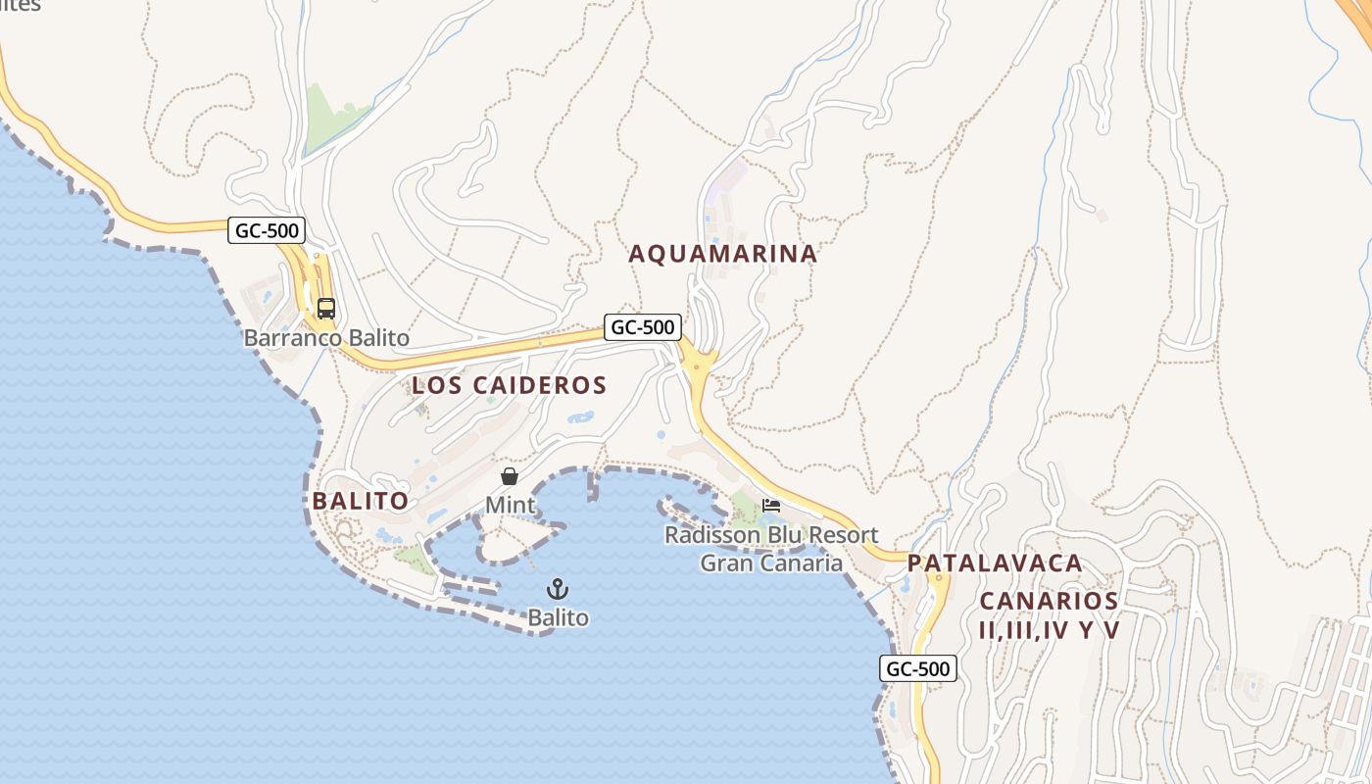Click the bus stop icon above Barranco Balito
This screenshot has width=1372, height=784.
point(325,309)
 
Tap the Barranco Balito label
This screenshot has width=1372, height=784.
point(326,338)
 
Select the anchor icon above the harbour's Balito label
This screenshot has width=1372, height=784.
point(557,589)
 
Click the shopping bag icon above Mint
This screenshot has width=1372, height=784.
point(510,477)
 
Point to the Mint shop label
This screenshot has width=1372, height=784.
point(511,506)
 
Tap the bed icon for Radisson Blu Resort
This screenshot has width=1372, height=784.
point(771,506)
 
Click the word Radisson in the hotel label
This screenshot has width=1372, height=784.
point(714,535)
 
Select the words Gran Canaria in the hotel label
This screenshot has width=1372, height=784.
point(771,563)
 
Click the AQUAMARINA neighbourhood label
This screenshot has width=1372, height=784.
point(723,254)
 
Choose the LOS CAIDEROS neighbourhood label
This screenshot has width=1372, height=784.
point(510,385)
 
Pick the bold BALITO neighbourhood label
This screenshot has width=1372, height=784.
point(361,501)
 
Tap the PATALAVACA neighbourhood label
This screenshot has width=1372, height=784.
point(995,563)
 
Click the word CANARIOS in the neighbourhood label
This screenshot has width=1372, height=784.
point(1049,601)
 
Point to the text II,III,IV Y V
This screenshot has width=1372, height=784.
point(1049,629)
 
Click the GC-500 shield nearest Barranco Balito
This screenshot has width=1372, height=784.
point(268,231)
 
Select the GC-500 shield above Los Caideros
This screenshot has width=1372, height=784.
point(643,327)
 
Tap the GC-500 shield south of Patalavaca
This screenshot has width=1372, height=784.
point(918,668)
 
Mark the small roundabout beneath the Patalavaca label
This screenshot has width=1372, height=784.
point(938,579)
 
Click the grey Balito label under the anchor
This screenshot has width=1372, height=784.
point(558,617)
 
